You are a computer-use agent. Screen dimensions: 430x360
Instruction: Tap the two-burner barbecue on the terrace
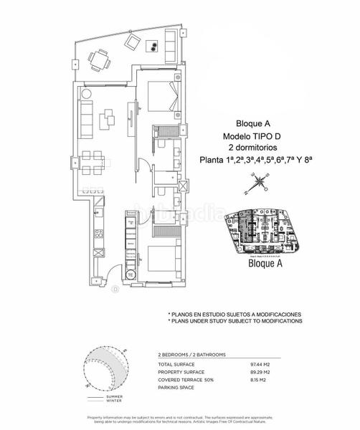click(153, 47)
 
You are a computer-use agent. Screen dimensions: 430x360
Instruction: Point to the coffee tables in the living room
click(110, 118)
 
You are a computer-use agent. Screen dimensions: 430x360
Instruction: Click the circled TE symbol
click(131, 274)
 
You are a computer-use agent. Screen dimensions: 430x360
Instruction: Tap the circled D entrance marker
click(115, 290)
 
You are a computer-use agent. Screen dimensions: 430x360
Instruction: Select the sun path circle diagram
click(105, 371)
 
